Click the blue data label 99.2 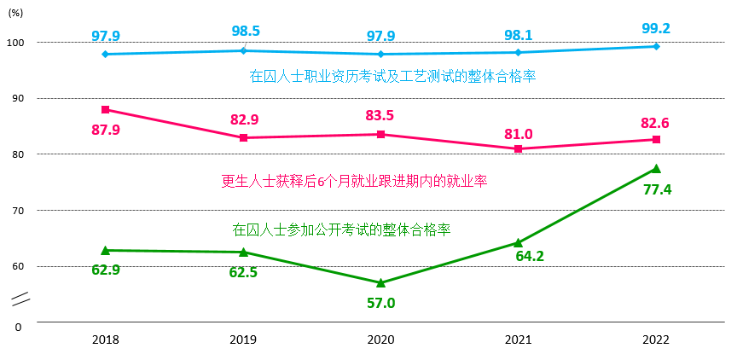pos(655,28)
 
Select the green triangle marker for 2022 pos(656,169)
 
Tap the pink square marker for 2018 pos(105,109)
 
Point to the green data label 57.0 pos(380,302)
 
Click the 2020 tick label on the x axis pos(380,340)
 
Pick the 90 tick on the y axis pos(18,98)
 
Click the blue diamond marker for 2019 pos(243,50)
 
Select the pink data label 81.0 pos(518,133)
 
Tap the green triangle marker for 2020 pos(380,282)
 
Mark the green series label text pos(341,229)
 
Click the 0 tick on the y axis pos(18,326)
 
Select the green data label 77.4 pos(657,189)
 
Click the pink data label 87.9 pos(106,130)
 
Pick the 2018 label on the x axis pos(106,340)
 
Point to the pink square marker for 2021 pos(518,148)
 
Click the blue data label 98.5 pos(245,31)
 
